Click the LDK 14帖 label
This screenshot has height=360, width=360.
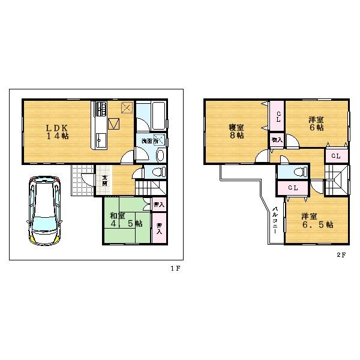(58, 131)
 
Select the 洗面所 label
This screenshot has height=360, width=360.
(149, 141)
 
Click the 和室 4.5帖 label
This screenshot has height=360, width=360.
(125, 219)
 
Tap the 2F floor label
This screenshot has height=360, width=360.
(341, 254)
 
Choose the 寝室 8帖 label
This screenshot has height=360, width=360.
(236, 131)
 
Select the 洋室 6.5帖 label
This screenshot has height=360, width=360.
(317, 220)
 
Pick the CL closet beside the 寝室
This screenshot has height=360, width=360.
(278, 118)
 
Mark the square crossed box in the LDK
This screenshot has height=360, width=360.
(127, 109)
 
